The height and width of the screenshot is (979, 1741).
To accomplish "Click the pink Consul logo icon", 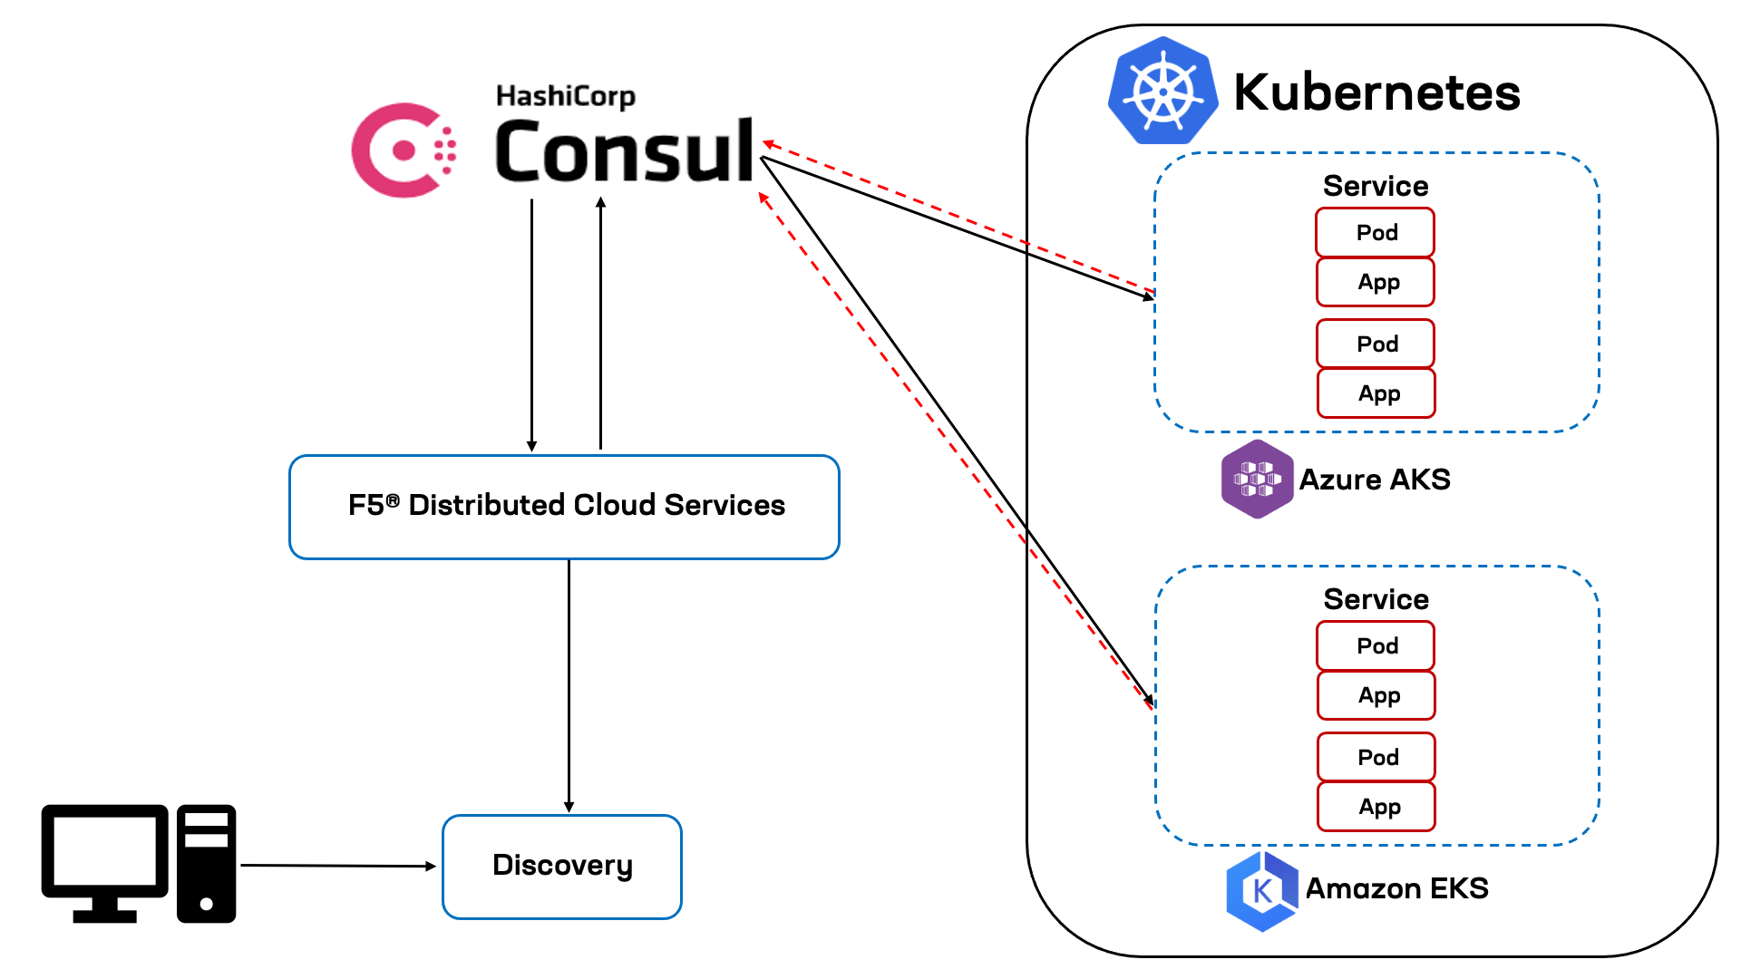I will click(403, 150).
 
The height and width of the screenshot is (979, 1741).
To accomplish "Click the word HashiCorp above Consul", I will click(565, 96).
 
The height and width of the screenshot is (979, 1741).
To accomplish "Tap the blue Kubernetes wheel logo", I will click(1162, 92).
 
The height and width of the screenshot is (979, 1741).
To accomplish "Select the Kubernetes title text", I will click(1376, 92).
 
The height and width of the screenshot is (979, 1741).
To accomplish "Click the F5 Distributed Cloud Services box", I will click(564, 506).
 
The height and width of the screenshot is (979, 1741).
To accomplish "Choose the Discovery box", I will click(562, 866).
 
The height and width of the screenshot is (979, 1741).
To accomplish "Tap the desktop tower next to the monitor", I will click(207, 863).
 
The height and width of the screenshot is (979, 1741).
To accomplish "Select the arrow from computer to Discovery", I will click(337, 866).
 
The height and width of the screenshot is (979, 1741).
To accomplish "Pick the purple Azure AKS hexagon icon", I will click(1257, 479).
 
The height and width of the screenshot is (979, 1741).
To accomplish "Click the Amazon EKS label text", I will click(1396, 888).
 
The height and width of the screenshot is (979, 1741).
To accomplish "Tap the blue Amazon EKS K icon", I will click(1261, 890).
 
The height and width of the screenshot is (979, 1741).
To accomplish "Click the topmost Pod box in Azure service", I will click(1375, 233).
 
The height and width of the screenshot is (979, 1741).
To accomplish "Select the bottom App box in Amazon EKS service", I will click(1376, 807).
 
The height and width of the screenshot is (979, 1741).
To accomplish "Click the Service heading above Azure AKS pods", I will click(1375, 186).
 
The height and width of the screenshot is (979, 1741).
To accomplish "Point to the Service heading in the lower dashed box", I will click(1375, 599).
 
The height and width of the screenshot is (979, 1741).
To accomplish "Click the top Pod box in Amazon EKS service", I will click(1376, 645).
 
